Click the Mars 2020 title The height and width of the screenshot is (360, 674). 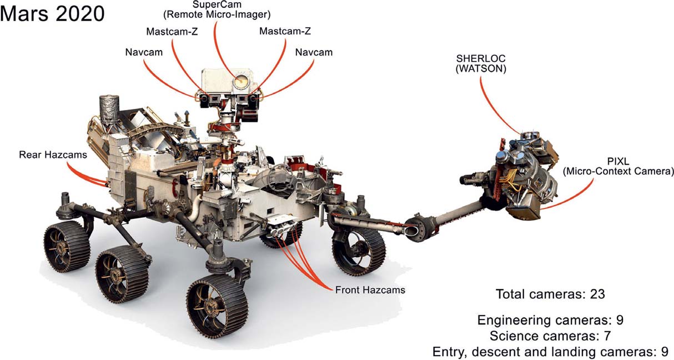click(52, 14)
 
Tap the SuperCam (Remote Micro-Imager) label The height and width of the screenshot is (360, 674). click(217, 9)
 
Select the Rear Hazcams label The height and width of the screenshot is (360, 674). click(53, 154)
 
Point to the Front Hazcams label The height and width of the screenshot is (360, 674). click(370, 290)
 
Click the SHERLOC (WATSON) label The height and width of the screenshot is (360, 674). click(481, 63)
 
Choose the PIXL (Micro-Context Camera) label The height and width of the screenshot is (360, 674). click(618, 166)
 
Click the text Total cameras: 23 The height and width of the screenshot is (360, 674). click(550, 294)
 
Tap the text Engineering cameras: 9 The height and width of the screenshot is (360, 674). click(550, 320)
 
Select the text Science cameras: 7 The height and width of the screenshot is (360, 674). click(550, 336)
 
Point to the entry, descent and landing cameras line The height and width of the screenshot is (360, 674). click(550, 352)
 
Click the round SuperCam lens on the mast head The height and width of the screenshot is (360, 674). click(240, 81)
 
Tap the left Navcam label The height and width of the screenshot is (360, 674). click(144, 52)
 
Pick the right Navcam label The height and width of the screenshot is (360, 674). click(314, 52)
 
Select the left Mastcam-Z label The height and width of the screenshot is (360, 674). click(172, 31)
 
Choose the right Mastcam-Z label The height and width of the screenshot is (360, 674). click(285, 31)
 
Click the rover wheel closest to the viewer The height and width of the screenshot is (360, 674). click(217, 306)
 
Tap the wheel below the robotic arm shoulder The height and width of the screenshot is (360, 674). click(359, 252)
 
